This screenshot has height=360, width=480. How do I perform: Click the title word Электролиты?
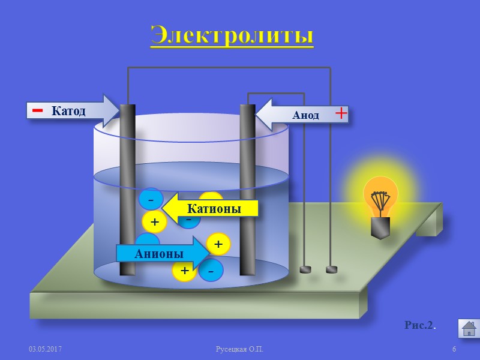tap(232, 35)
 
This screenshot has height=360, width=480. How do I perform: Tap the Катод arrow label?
tap(69, 111)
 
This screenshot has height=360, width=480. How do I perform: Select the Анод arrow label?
tap(305, 115)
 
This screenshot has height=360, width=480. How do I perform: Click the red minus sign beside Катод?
tap(37, 111)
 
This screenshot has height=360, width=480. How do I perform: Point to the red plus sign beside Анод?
tap(341, 113)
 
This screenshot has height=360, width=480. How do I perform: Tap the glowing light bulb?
tap(380, 195)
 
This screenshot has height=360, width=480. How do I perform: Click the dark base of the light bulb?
tap(380, 227)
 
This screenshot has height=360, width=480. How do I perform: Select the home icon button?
tap(469, 328)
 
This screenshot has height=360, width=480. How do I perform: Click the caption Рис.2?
tap(420, 325)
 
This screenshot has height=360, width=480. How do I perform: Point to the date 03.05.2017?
tap(46, 349)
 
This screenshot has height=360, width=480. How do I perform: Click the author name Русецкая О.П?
tap(239, 349)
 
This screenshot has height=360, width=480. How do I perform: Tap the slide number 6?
tap(454, 349)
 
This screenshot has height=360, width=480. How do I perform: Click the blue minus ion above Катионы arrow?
tap(151, 199)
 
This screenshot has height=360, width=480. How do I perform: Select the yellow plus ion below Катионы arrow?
tap(154, 222)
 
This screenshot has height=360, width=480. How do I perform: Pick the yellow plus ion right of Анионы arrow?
tap(218, 244)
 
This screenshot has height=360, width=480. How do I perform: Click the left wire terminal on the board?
tap(305, 269)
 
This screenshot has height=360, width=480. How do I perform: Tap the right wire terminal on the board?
tap(331, 269)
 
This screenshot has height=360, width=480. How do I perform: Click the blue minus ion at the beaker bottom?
tap(211, 271)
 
